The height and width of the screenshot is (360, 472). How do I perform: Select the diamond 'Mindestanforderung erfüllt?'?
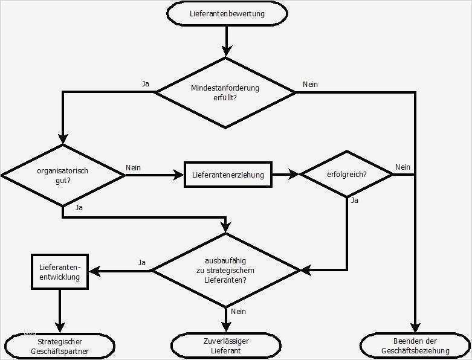tap(225, 92)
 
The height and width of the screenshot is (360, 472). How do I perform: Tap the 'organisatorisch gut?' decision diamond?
tap(63, 175)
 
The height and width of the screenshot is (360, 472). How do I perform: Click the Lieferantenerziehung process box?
tap(228, 175)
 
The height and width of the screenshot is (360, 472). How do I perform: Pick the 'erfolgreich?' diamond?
tap(347, 175)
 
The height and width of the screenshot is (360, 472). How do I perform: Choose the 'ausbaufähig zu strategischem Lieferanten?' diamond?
tap(225, 270)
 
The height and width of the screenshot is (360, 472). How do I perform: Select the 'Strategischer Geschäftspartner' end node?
tap(59, 346)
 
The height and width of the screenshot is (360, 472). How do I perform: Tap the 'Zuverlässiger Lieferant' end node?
tap(226, 346)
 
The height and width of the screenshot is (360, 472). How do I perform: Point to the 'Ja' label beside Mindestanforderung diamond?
tap(145, 84)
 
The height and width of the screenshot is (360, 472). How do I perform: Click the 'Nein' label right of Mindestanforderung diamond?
tap(310, 85)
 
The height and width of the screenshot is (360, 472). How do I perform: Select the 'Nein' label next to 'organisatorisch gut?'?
tap(134, 167)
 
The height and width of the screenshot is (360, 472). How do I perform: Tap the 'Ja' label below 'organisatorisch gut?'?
tap(79, 207)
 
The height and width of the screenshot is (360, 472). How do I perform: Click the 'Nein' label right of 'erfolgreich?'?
tap(402, 167)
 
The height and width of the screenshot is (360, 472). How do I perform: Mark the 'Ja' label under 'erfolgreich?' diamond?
tap(355, 201)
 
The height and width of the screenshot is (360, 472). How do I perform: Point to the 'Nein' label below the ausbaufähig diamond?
tap(238, 312)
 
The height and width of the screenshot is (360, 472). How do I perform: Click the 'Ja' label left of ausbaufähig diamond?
tap(142, 262)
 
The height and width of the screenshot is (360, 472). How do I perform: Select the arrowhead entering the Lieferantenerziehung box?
tap(179, 175)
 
